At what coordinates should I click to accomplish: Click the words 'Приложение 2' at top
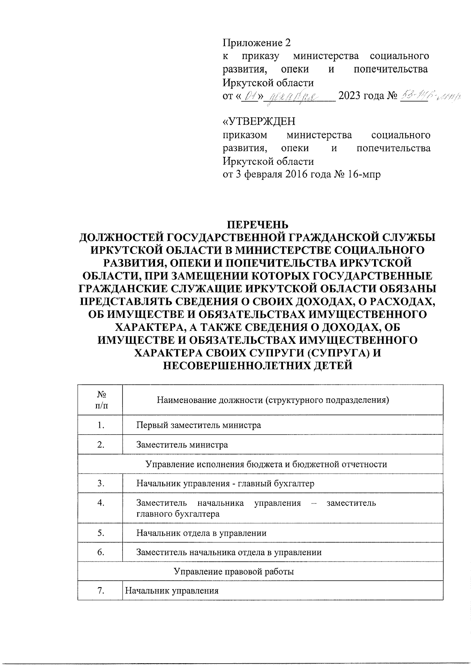(258, 42)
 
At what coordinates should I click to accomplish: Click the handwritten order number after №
(429, 96)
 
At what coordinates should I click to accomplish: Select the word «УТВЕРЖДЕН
(259, 121)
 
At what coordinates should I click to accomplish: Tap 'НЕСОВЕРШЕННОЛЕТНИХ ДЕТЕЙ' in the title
(257, 366)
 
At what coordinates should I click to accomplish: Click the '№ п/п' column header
(100, 400)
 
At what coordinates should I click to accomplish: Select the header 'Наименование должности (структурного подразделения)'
(273, 400)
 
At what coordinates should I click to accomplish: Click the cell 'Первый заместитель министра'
(199, 425)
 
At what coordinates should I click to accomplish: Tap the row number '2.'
(101, 445)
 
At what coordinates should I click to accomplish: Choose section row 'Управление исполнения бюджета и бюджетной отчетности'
(266, 464)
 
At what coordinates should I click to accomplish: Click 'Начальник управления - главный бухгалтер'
(225, 484)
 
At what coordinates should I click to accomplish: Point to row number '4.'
(101, 503)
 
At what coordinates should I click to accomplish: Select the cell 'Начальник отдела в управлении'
(201, 533)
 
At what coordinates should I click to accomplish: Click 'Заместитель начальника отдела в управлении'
(229, 552)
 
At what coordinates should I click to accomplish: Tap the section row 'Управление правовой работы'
(234, 571)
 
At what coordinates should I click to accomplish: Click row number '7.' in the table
(101, 591)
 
